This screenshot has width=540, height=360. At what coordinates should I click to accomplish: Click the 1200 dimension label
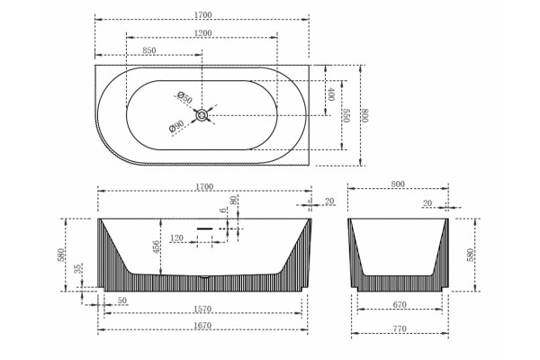click(202, 33)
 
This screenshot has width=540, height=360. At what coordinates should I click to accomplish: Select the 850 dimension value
click(149, 50)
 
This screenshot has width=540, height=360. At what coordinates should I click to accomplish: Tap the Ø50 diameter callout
click(184, 97)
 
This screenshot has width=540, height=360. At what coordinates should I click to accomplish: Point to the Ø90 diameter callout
click(177, 126)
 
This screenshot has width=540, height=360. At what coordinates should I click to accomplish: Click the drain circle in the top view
click(202, 115)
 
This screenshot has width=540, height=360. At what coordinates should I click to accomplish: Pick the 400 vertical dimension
click(331, 94)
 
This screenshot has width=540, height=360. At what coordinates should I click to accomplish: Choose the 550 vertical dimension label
click(346, 116)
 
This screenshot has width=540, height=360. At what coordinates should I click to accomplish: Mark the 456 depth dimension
click(156, 247)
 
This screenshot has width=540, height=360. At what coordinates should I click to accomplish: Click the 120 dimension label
click(176, 238)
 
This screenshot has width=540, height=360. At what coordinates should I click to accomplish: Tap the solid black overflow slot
click(205, 229)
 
